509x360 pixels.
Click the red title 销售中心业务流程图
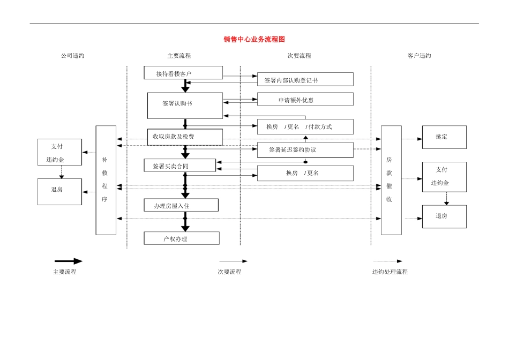point(254,40)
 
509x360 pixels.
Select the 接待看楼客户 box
point(183,73)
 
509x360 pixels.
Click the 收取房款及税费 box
point(185,137)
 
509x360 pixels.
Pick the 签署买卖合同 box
point(180,166)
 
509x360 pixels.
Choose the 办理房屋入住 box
point(181,205)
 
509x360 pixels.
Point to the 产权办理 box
point(182,238)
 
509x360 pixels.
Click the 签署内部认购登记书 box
point(305,79)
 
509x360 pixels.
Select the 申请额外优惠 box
point(305,100)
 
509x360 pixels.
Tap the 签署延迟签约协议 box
point(305,150)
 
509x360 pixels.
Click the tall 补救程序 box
point(106,180)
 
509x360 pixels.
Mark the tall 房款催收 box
point(391,180)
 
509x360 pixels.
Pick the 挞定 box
point(444,137)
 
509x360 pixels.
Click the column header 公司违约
point(72,56)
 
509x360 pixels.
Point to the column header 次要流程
point(299,56)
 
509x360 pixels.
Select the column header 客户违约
point(419,56)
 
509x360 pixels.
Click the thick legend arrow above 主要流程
point(68,261)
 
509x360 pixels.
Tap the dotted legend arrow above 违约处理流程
point(388,261)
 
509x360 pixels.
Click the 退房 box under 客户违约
point(444,216)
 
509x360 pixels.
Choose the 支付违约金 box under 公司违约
point(59,152)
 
